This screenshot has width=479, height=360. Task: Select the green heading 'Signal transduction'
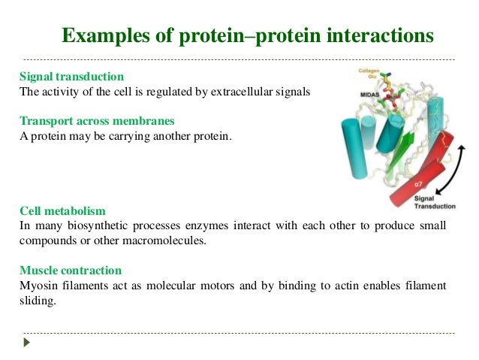coord(71,77)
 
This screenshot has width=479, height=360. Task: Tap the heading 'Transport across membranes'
coord(96,122)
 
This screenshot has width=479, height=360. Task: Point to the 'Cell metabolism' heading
coord(62,211)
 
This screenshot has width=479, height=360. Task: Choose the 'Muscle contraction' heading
coord(71,270)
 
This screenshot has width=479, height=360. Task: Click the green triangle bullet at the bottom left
coord(28,343)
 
